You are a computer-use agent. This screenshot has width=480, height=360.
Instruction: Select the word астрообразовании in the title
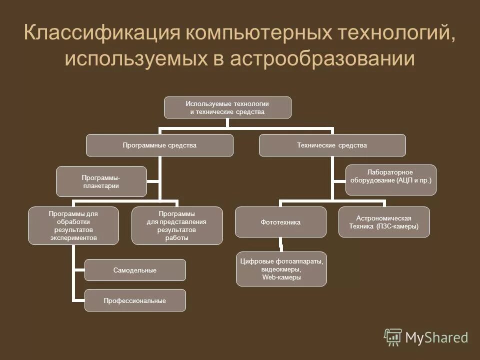(x=323, y=58)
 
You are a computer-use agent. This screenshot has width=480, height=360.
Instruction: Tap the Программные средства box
(x=159, y=145)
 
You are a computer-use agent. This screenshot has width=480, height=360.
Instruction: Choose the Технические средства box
(x=332, y=145)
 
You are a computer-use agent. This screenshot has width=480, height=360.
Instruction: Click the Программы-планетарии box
(x=101, y=181)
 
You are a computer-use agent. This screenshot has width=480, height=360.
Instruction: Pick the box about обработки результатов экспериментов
(x=73, y=225)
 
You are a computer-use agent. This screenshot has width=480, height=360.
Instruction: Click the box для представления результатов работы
(x=177, y=225)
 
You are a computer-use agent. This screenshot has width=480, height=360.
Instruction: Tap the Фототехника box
(x=280, y=222)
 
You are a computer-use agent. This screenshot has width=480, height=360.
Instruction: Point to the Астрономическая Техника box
(x=384, y=222)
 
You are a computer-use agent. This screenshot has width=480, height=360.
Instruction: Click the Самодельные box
(x=135, y=270)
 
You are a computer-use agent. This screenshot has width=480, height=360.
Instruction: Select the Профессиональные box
(x=135, y=300)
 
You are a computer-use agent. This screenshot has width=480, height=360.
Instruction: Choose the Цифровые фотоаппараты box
(x=281, y=269)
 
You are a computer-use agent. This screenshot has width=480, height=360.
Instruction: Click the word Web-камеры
(x=281, y=277)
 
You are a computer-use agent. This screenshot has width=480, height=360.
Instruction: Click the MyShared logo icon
(x=393, y=337)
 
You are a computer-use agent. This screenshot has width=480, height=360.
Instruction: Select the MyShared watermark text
(x=436, y=338)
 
